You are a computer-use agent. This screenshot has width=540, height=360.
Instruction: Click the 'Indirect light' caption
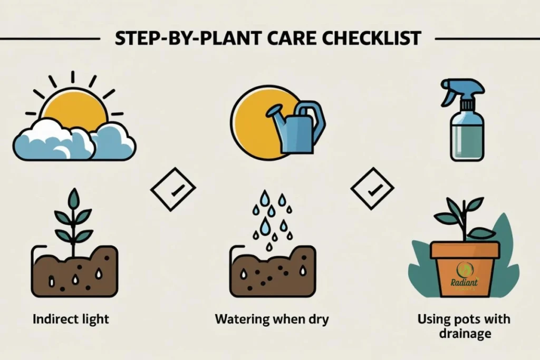71,319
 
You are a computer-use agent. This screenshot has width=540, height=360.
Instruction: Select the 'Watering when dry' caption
272,319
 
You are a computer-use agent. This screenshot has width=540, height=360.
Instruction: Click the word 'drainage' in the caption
464,334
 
